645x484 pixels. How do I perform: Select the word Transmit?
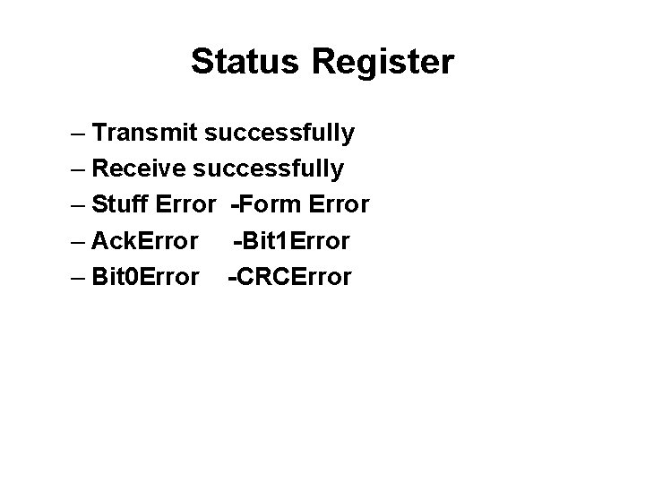tap(145, 134)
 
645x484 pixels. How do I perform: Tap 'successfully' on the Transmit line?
tap(279, 134)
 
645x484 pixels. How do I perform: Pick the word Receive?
tap(140, 169)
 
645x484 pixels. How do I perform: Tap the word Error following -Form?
tap(338, 204)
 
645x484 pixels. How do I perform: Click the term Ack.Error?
tap(145, 240)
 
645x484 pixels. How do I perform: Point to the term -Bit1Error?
tap(292, 240)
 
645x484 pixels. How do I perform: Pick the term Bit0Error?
tap(145, 276)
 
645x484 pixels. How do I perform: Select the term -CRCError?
tap(290, 276)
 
